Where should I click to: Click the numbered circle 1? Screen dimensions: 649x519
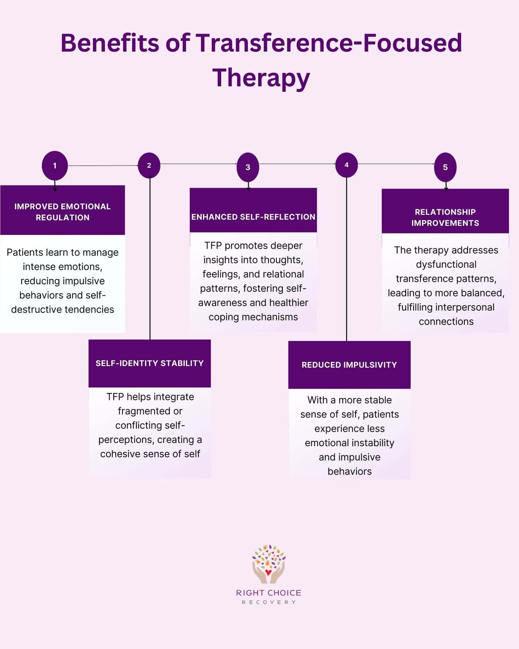point(55,166)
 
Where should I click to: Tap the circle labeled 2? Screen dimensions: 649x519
point(149,165)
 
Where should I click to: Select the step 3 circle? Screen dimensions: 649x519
point(248,167)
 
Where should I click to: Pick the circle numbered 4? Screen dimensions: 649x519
point(346,165)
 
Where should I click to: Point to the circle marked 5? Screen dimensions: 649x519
point(445,167)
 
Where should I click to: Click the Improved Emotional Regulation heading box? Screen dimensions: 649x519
point(63,212)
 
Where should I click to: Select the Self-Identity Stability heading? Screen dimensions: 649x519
point(150,363)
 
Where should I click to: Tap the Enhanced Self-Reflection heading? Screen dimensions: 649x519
point(253,217)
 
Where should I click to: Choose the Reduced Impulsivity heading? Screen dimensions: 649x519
point(349,365)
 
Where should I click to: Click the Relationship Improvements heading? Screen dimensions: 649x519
point(445,217)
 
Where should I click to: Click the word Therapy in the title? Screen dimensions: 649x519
point(261,77)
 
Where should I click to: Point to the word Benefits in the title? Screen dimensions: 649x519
point(109,43)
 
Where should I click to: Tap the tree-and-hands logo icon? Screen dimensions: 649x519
point(268,564)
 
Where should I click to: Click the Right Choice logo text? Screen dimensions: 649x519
point(269,593)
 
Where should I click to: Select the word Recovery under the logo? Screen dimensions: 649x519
point(269,602)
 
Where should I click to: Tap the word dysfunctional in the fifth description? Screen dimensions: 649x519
point(446,264)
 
